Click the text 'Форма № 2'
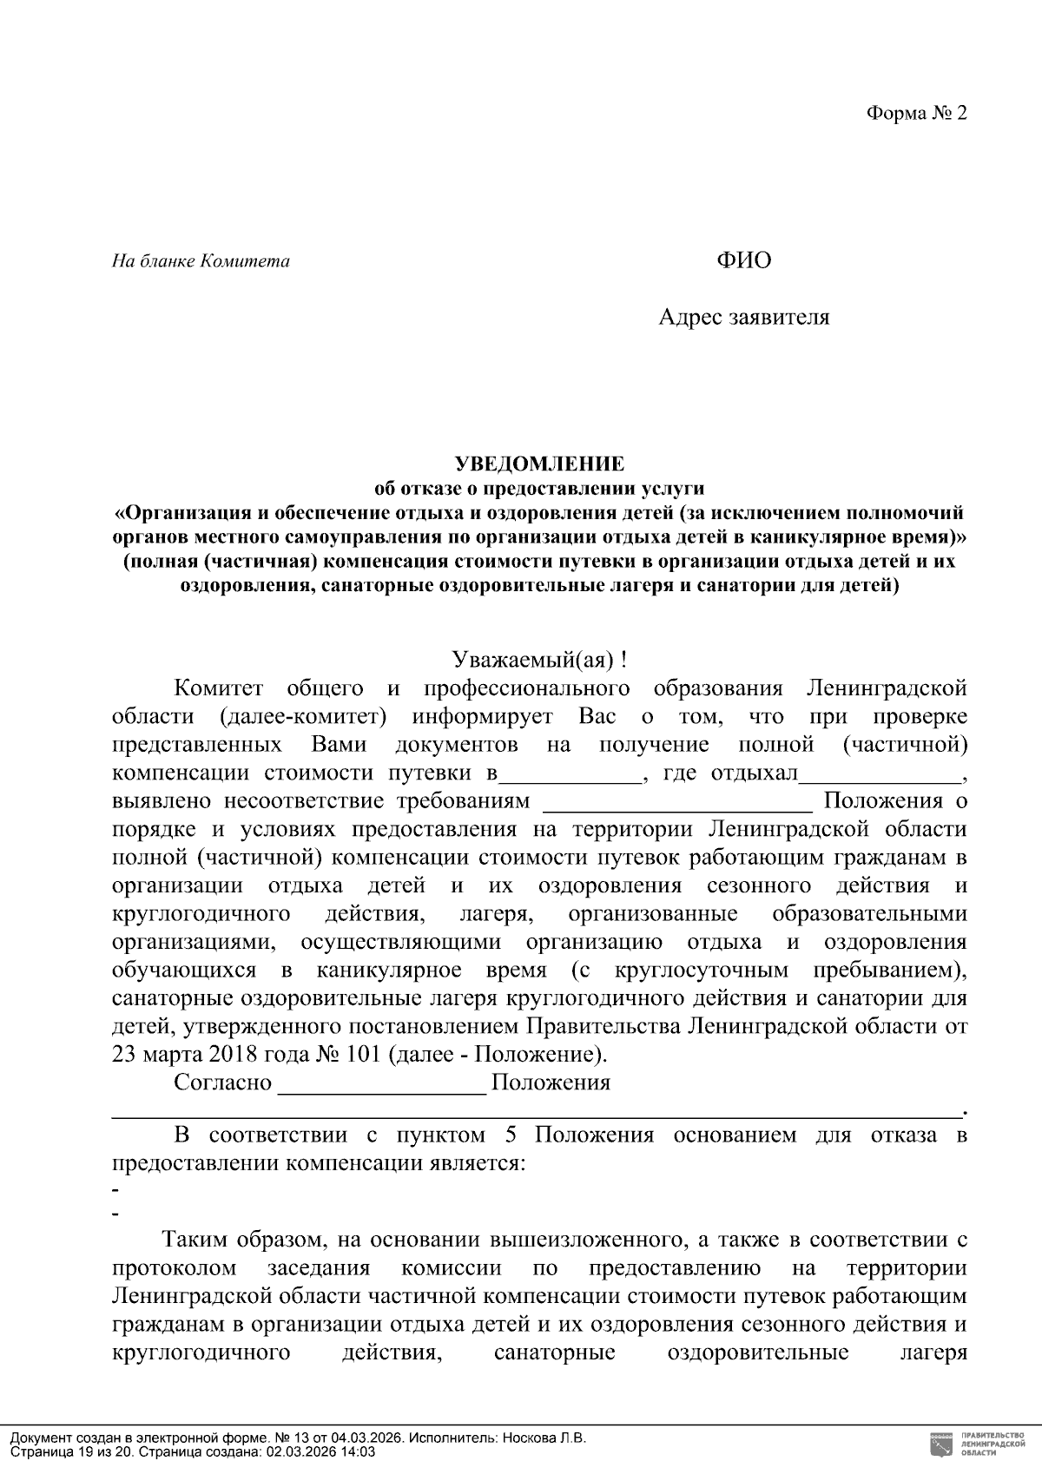pos(915,114)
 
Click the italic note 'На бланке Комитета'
pos(201,261)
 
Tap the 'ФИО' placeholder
pos(743,260)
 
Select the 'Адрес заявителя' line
pos(743,317)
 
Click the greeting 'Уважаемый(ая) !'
pos(539,660)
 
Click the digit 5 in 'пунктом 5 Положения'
pos(510,1135)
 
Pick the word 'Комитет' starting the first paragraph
pos(218,689)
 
